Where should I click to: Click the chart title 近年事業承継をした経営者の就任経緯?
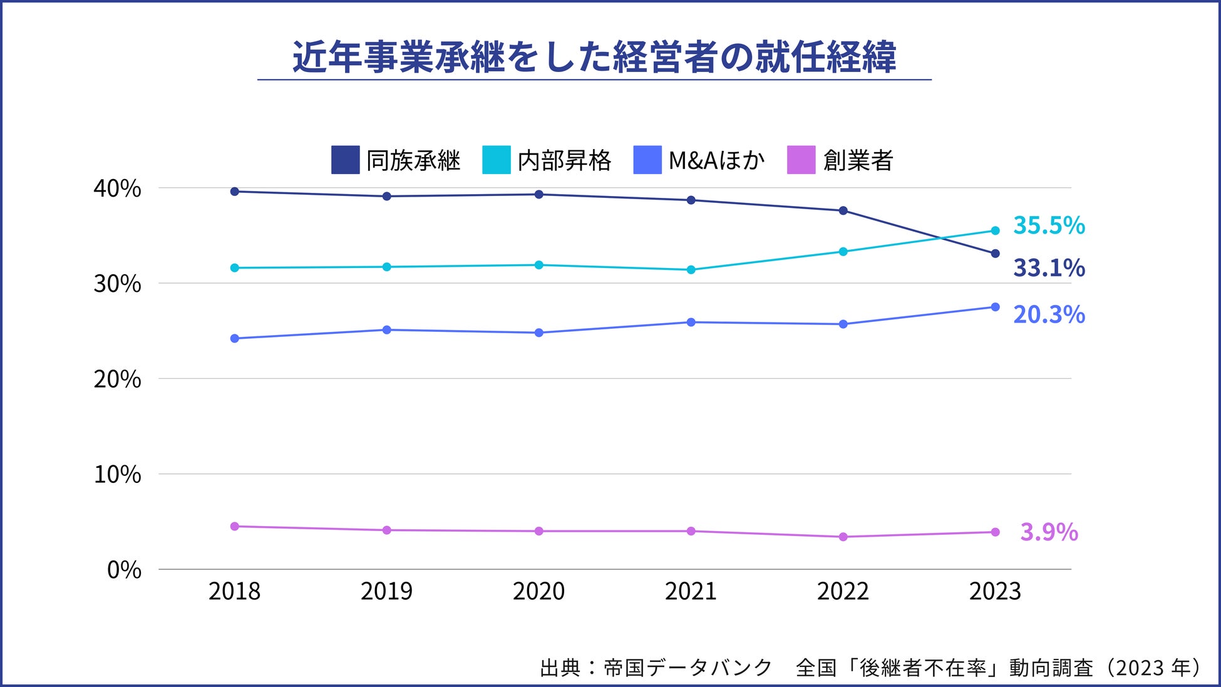click(x=594, y=58)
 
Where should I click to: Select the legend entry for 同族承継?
click(x=396, y=160)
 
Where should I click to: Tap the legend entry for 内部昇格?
click(x=547, y=160)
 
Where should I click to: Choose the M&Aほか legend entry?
click(x=699, y=160)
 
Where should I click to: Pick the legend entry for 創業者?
click(x=840, y=160)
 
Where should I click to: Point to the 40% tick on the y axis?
click(x=117, y=189)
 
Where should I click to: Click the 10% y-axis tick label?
click(x=117, y=475)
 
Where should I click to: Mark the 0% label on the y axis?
click(x=124, y=570)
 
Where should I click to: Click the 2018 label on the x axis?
click(x=234, y=591)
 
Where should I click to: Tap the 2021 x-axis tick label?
click(x=691, y=591)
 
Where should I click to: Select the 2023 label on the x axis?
click(x=995, y=591)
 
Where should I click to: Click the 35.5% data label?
click(x=1049, y=225)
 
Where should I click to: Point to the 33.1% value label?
click(x=1049, y=268)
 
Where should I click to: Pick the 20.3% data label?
click(x=1049, y=314)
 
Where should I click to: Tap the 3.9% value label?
click(x=1049, y=532)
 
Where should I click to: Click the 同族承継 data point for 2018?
click(x=235, y=192)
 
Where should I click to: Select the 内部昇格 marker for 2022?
click(x=843, y=252)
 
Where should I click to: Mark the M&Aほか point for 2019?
click(x=387, y=330)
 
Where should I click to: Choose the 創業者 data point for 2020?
click(x=539, y=531)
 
